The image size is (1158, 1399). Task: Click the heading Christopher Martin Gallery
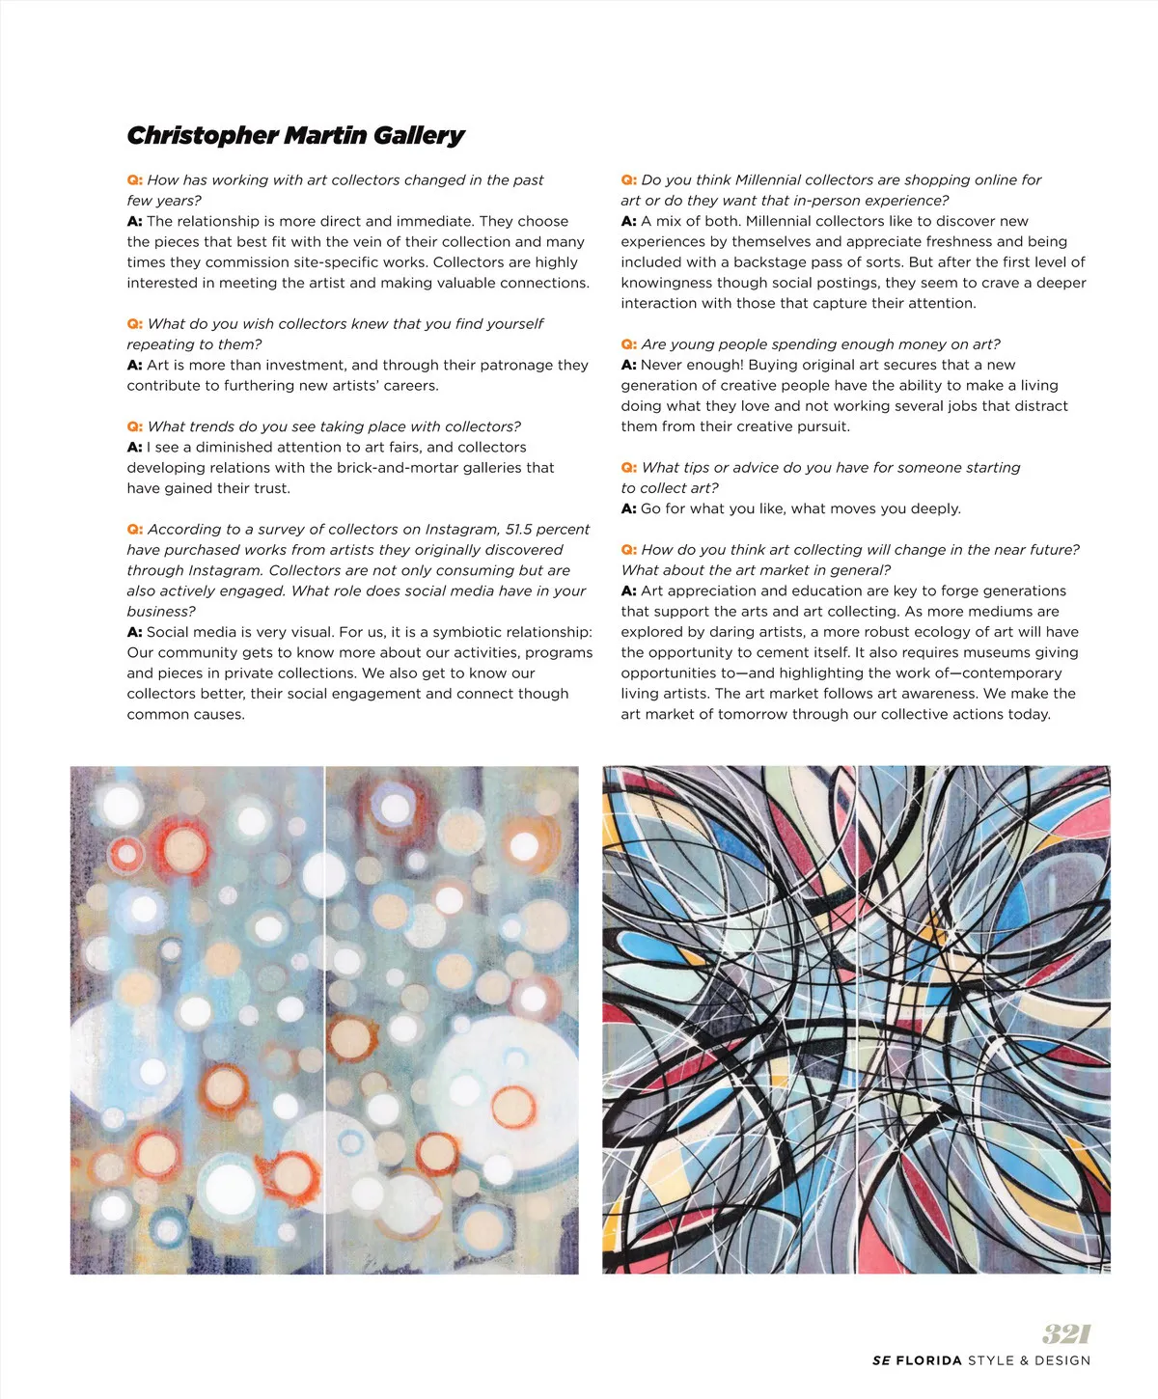pyautogui.click(x=295, y=135)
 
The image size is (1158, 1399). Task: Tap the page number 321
pyautogui.click(x=1065, y=1333)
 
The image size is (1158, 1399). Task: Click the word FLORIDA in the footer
pyautogui.click(x=928, y=1360)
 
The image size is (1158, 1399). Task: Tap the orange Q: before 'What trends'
pyautogui.click(x=134, y=426)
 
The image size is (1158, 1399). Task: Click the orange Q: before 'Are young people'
pyautogui.click(x=628, y=344)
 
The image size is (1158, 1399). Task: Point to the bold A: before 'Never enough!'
pyautogui.click(x=628, y=365)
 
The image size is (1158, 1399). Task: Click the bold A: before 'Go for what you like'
pyautogui.click(x=628, y=508)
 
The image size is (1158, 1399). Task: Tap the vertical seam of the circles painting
pyautogui.click(x=324, y=1020)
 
